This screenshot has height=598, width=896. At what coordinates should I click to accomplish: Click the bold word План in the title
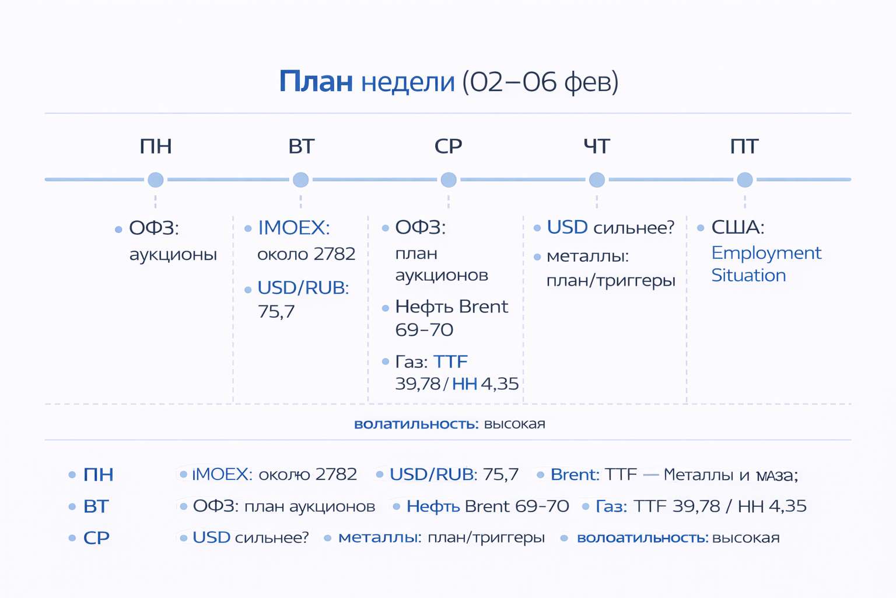click(x=316, y=82)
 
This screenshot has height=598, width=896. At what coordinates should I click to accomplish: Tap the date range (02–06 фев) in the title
click(x=540, y=82)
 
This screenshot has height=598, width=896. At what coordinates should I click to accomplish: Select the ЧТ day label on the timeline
click(x=596, y=146)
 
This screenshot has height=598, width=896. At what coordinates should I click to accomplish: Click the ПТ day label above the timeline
click(x=744, y=146)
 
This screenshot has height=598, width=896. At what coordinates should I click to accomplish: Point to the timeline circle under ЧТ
click(x=597, y=180)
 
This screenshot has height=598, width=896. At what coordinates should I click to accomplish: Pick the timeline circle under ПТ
click(x=745, y=180)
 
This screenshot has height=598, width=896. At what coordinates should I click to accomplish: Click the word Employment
click(x=766, y=253)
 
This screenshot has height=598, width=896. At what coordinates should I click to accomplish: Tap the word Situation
click(x=748, y=275)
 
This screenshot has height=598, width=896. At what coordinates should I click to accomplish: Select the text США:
click(x=737, y=227)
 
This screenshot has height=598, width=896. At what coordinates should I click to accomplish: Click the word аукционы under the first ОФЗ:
click(x=173, y=255)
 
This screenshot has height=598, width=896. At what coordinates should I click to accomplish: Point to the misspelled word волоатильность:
click(x=642, y=538)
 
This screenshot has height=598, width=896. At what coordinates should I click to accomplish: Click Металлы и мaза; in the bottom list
click(x=730, y=475)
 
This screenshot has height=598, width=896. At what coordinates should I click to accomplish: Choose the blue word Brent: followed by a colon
click(x=575, y=475)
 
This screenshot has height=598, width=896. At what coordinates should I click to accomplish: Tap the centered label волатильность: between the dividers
click(x=416, y=424)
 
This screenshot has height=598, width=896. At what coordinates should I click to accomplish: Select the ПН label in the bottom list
click(x=98, y=475)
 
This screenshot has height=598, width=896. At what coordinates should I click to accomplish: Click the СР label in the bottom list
click(x=96, y=538)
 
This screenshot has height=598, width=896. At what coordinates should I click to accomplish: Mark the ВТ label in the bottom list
click(x=96, y=506)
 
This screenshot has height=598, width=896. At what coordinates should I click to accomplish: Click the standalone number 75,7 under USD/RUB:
click(x=276, y=312)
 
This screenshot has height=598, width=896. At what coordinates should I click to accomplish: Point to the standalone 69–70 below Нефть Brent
click(x=424, y=330)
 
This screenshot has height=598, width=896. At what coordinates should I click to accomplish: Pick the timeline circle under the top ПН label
click(x=156, y=180)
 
